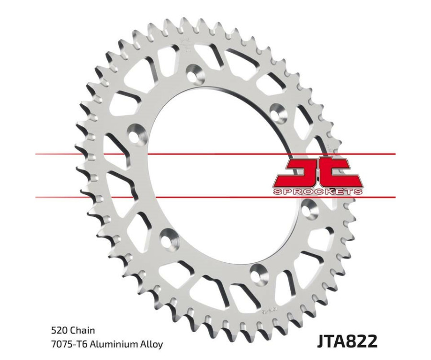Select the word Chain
pyautogui.click(x=83, y=330)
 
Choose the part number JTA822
pyautogui.click(x=347, y=341)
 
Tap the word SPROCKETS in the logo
pyautogui.click(x=318, y=191)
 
